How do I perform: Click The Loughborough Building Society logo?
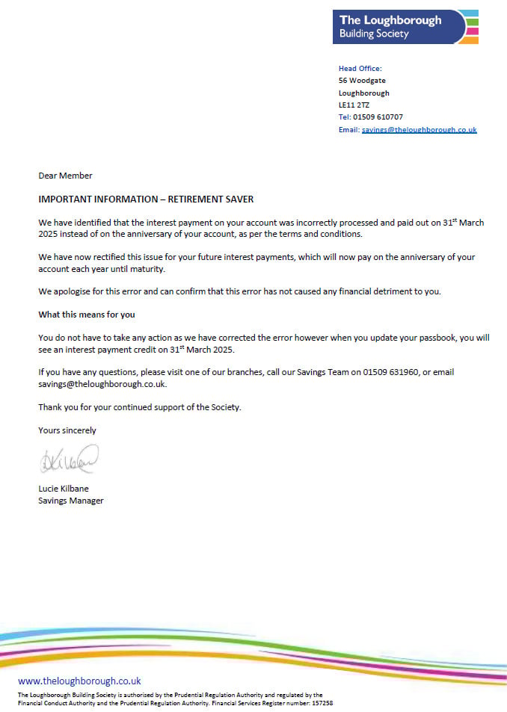pos(405,27)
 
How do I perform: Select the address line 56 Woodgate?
pos(362,81)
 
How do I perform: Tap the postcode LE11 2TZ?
pos(354,105)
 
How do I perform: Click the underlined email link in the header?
pos(419,129)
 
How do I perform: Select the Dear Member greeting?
pos(66,176)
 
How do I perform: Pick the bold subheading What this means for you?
pos(87,314)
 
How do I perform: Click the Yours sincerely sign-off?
pos(67,430)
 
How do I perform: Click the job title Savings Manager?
pos(71,500)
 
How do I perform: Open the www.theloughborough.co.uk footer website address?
pos(79,681)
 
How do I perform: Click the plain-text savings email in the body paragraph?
pos(102,384)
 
